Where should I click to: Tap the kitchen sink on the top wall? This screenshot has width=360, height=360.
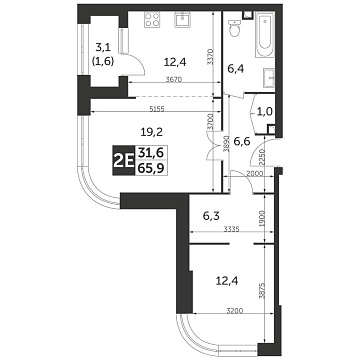184,20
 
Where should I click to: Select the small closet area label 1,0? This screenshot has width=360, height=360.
264,112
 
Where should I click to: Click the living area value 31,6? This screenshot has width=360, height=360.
152,152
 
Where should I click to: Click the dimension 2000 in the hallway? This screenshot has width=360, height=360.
255,173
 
